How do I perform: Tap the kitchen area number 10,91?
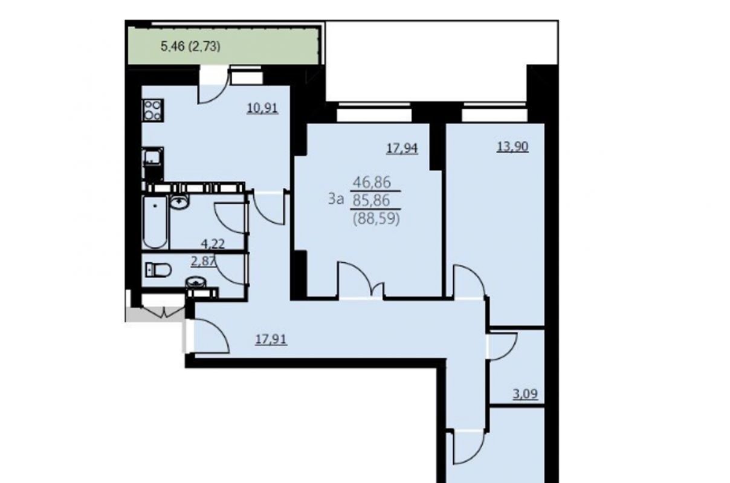tap(262, 108)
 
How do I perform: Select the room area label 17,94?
tap(402, 148)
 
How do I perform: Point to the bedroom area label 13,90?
tap(512, 147)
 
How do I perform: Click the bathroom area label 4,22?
tap(213, 244)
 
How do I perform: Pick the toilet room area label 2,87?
tap(204, 261)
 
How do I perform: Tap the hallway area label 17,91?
tap(271, 339)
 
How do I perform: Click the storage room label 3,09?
tap(525, 394)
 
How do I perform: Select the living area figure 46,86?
tap(372, 182)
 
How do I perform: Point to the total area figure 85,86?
tap(372, 201)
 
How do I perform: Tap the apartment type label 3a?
tap(336, 199)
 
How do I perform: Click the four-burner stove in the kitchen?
tap(153, 110)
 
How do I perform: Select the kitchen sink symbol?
tap(153, 157)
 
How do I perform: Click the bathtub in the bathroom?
tap(155, 222)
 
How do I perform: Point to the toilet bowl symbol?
tap(158, 270)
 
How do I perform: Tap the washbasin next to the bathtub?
tap(179, 202)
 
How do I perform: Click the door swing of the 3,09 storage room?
tap(503, 347)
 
